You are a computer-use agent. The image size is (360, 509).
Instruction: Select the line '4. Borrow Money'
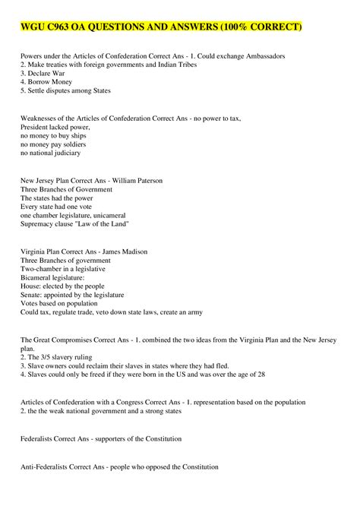[x=45, y=82]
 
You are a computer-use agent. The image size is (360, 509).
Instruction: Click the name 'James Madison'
[x=123, y=251]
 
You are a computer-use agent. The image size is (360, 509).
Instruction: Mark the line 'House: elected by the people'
[x=65, y=286]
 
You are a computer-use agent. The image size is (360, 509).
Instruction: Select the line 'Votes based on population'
[x=60, y=302]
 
